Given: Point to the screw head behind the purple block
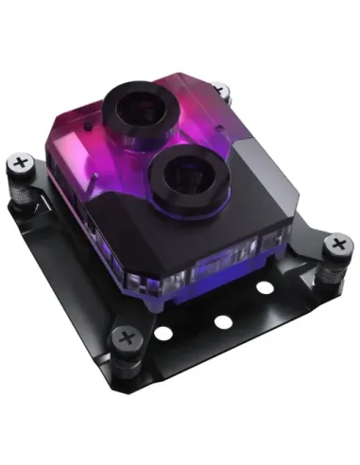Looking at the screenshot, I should pyautogui.click(x=221, y=92).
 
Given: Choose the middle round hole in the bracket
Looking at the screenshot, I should pyautogui.click(x=223, y=321).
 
